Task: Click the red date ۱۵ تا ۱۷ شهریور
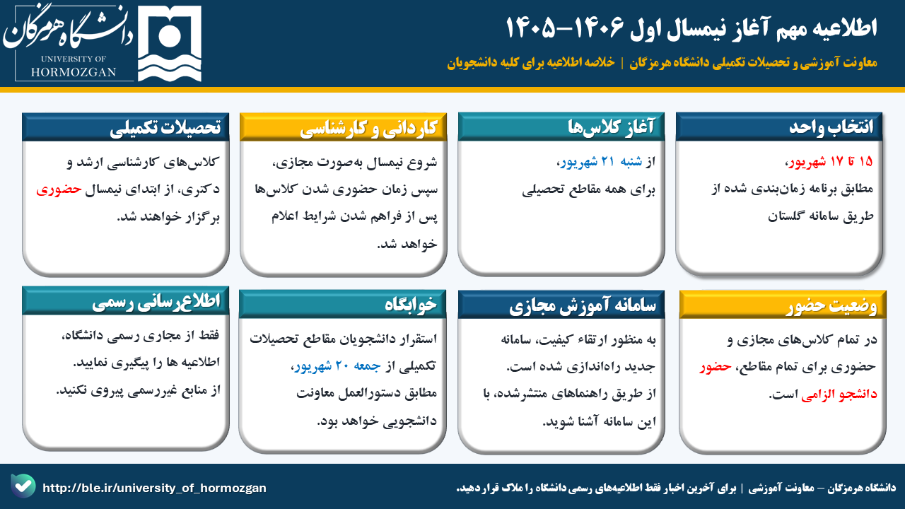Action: click(831, 162)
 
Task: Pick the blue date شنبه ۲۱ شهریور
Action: click(601, 162)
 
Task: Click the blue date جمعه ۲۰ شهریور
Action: click(337, 366)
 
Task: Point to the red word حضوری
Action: click(59, 189)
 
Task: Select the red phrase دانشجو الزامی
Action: click(839, 394)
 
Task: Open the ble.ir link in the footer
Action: click(154, 488)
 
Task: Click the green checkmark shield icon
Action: click(23, 486)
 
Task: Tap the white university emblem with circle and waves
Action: click(170, 44)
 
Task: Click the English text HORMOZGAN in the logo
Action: click(74, 72)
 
